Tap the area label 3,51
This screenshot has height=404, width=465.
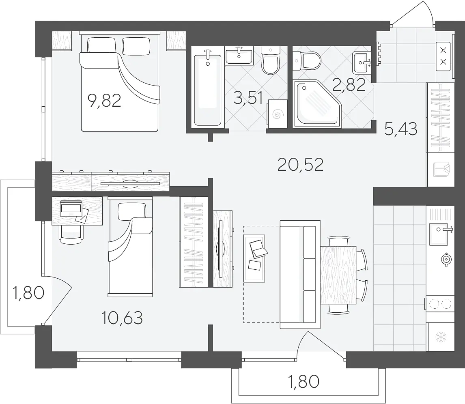tap(248, 97)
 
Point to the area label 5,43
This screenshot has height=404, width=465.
tap(400, 129)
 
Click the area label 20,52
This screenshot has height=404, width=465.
tap(300, 165)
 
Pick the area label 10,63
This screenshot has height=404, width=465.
tap(122, 318)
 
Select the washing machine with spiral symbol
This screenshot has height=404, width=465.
tap(277, 114)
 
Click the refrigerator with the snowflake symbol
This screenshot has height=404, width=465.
tap(440, 337)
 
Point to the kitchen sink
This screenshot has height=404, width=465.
tap(441, 234)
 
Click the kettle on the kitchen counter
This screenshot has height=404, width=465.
tap(446, 260)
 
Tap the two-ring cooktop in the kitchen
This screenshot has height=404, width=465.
tap(440, 303)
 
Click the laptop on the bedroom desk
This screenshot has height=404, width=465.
tap(71, 209)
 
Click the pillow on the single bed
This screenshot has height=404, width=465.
tap(132, 211)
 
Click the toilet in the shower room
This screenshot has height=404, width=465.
tap(307, 61)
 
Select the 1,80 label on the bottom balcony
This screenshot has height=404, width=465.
tap(304, 381)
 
